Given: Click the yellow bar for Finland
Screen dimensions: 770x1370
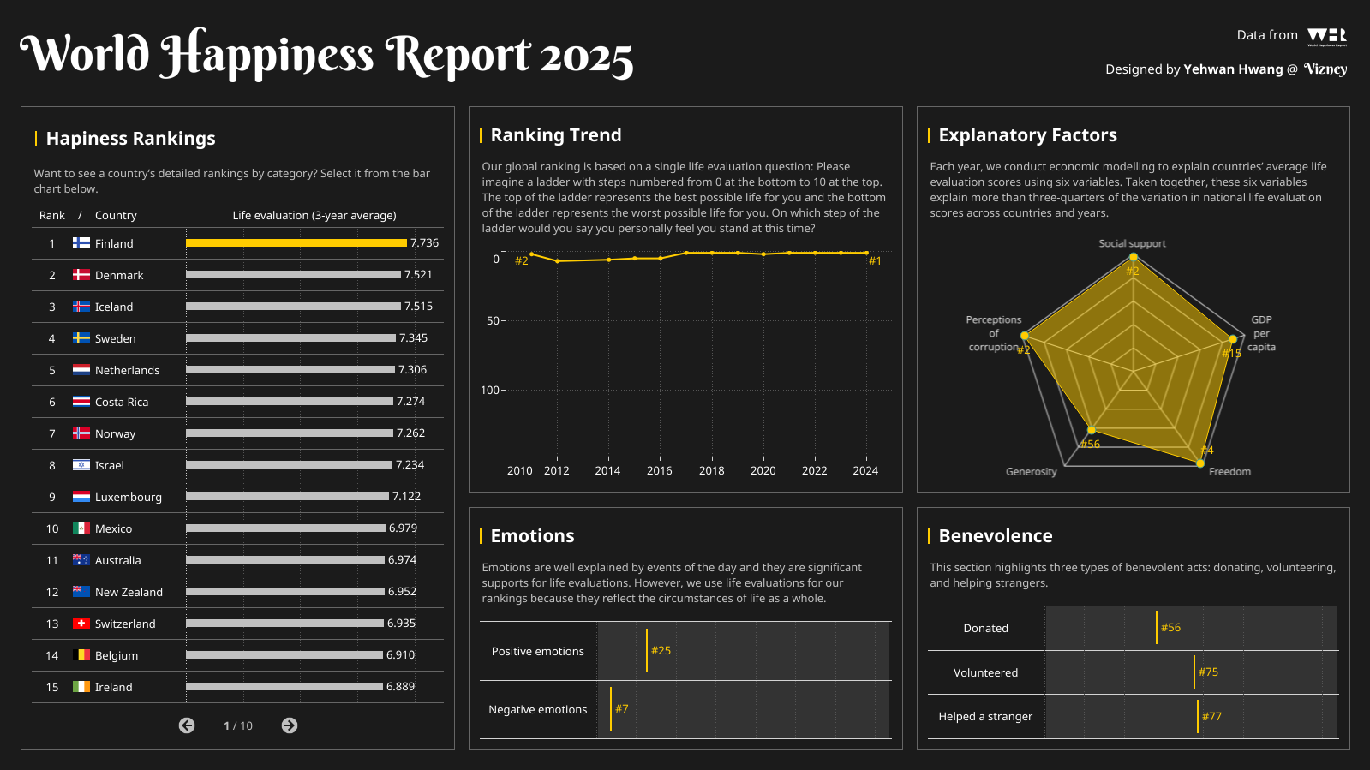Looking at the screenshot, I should [296, 243].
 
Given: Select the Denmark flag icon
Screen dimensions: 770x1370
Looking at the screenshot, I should [81, 275].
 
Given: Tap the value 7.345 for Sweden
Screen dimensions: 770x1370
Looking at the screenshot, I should [413, 338].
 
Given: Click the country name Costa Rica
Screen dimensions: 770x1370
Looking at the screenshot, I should [122, 402].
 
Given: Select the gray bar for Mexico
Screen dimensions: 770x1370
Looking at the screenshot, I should [285, 528].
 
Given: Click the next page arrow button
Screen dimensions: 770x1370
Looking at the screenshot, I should [290, 725].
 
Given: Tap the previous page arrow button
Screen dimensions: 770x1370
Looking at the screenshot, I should [187, 725].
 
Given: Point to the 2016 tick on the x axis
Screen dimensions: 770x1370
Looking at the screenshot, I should [660, 470].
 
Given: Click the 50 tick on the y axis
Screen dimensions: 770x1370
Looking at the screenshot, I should [493, 321].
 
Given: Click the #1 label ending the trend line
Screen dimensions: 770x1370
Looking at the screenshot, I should [875, 261].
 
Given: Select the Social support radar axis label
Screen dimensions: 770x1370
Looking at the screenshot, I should [1132, 243].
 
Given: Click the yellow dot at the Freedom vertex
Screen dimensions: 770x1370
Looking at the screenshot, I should [1199, 463].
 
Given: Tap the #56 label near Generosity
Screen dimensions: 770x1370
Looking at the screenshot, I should [1090, 444].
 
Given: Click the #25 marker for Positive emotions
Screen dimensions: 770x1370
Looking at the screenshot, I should [660, 651].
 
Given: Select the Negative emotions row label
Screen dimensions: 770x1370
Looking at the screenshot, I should [537, 709].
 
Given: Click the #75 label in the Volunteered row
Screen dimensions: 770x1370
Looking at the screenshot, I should [1208, 672].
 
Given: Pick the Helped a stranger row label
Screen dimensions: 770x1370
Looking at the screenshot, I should [985, 717].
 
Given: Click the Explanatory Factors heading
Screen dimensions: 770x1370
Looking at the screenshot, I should [1027, 135].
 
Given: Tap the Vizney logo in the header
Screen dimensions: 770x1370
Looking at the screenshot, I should [1325, 69].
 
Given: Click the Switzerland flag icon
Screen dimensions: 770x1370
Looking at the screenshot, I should [81, 624].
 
